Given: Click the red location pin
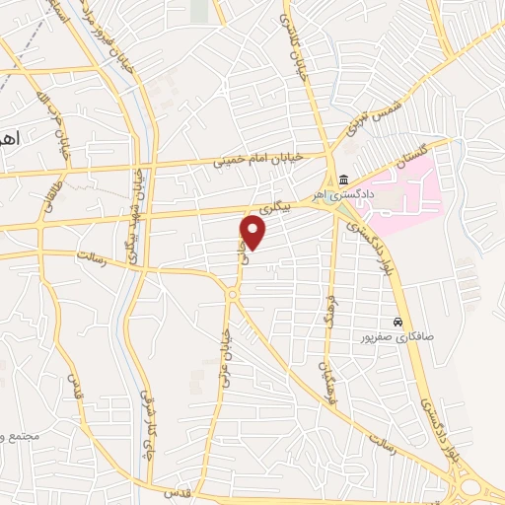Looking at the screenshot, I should (253, 233).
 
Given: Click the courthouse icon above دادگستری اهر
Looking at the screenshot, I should (343, 179).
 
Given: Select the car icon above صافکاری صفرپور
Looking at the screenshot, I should (397, 323).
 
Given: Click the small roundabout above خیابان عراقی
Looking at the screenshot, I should (233, 294).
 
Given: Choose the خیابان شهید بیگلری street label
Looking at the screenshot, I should (141, 207).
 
